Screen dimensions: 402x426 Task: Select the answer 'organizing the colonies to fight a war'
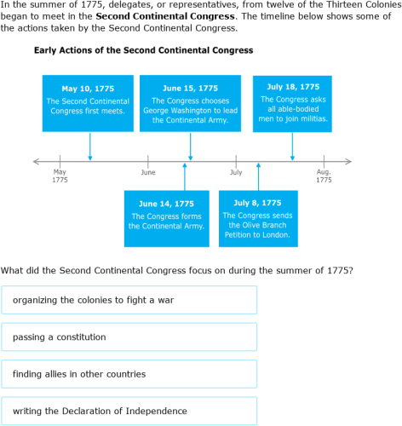(x=129, y=300)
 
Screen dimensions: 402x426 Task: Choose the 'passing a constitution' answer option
(x=129, y=337)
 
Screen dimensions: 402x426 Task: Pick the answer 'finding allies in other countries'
(x=129, y=374)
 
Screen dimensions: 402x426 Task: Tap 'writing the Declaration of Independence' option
(x=129, y=411)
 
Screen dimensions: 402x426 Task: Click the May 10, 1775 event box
(x=88, y=103)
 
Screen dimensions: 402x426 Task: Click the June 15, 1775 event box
(x=190, y=103)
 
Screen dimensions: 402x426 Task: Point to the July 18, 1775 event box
(x=292, y=103)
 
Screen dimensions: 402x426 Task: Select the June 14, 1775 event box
(x=166, y=218)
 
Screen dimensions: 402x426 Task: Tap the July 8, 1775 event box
(x=257, y=218)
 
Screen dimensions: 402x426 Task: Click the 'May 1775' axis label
(x=60, y=176)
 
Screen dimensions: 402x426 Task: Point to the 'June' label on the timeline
(x=148, y=173)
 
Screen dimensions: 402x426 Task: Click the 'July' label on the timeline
(x=236, y=173)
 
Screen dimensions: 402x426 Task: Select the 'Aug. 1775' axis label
(x=324, y=176)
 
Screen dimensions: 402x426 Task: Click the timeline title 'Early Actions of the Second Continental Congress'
(x=143, y=50)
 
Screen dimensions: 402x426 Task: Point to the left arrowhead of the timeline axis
(x=36, y=160)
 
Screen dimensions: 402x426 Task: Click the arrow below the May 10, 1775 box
(x=90, y=146)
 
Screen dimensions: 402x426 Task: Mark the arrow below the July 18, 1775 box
(x=293, y=147)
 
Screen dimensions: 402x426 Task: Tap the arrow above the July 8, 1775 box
(x=258, y=176)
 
